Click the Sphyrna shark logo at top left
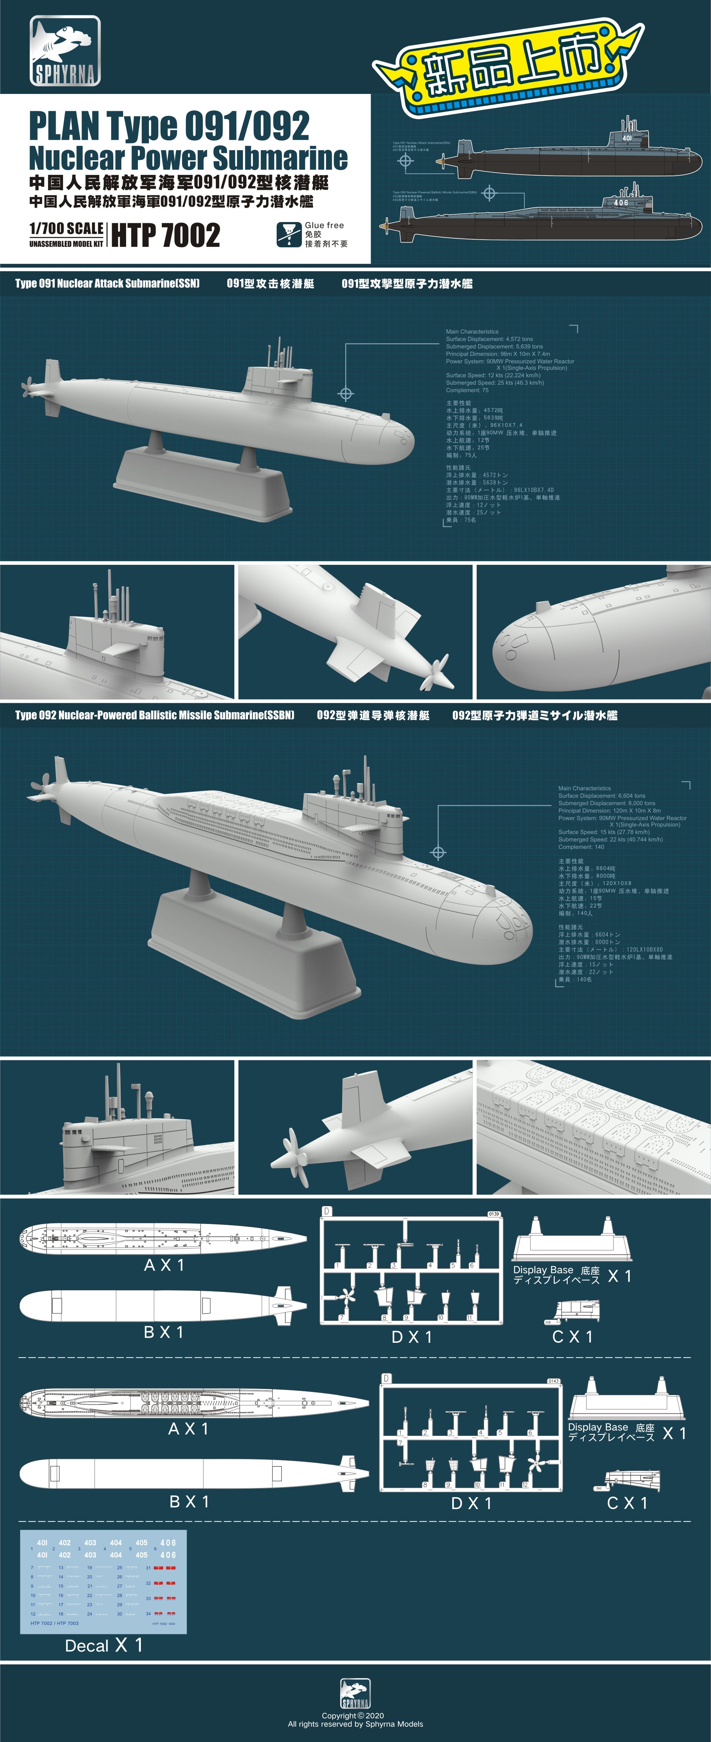pyautogui.click(x=65, y=51)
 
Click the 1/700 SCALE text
pyautogui.click(x=66, y=228)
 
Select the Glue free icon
pyautogui.click(x=288, y=234)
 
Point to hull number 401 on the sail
pyautogui.click(x=627, y=138)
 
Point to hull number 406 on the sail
pyautogui.click(x=621, y=202)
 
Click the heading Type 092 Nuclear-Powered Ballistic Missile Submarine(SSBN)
pyautogui.click(x=155, y=715)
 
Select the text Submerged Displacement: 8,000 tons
pyautogui.click(x=606, y=803)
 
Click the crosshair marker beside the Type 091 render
pyautogui.click(x=345, y=393)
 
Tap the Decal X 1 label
pyautogui.click(x=103, y=1645)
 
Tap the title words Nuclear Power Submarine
pyautogui.click(x=188, y=158)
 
